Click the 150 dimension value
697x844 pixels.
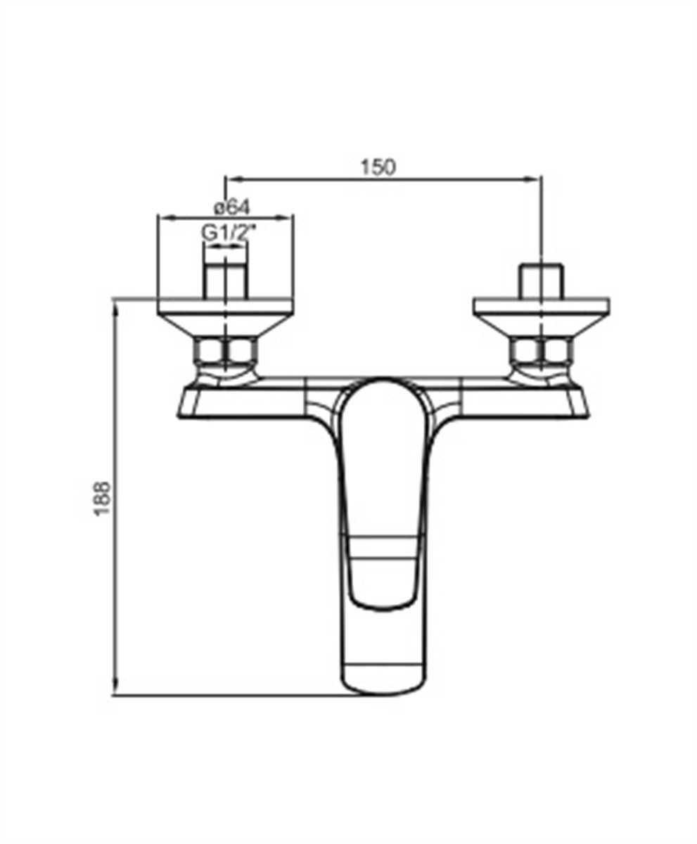pos(378,167)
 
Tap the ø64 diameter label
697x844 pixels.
pos(232,207)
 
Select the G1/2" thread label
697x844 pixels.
pos(229,234)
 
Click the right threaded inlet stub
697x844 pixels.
pos(542,281)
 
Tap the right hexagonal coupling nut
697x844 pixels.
pos(542,351)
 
